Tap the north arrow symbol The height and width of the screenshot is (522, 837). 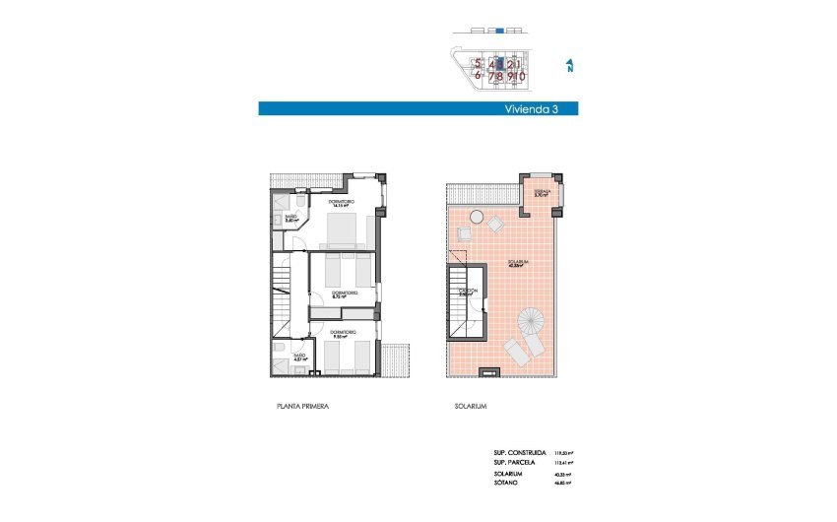570,66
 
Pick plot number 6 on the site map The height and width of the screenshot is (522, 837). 478,75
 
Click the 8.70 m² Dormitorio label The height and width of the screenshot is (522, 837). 344,294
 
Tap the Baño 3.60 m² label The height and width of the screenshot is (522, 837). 290,219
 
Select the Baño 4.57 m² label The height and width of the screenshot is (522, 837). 298,357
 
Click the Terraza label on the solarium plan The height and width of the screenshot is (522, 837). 541,193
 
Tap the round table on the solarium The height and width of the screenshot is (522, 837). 476,216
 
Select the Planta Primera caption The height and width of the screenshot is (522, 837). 301,406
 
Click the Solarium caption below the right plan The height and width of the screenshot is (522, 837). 471,406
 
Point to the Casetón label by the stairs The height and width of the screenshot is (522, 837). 469,292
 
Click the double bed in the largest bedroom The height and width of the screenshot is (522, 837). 342,232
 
